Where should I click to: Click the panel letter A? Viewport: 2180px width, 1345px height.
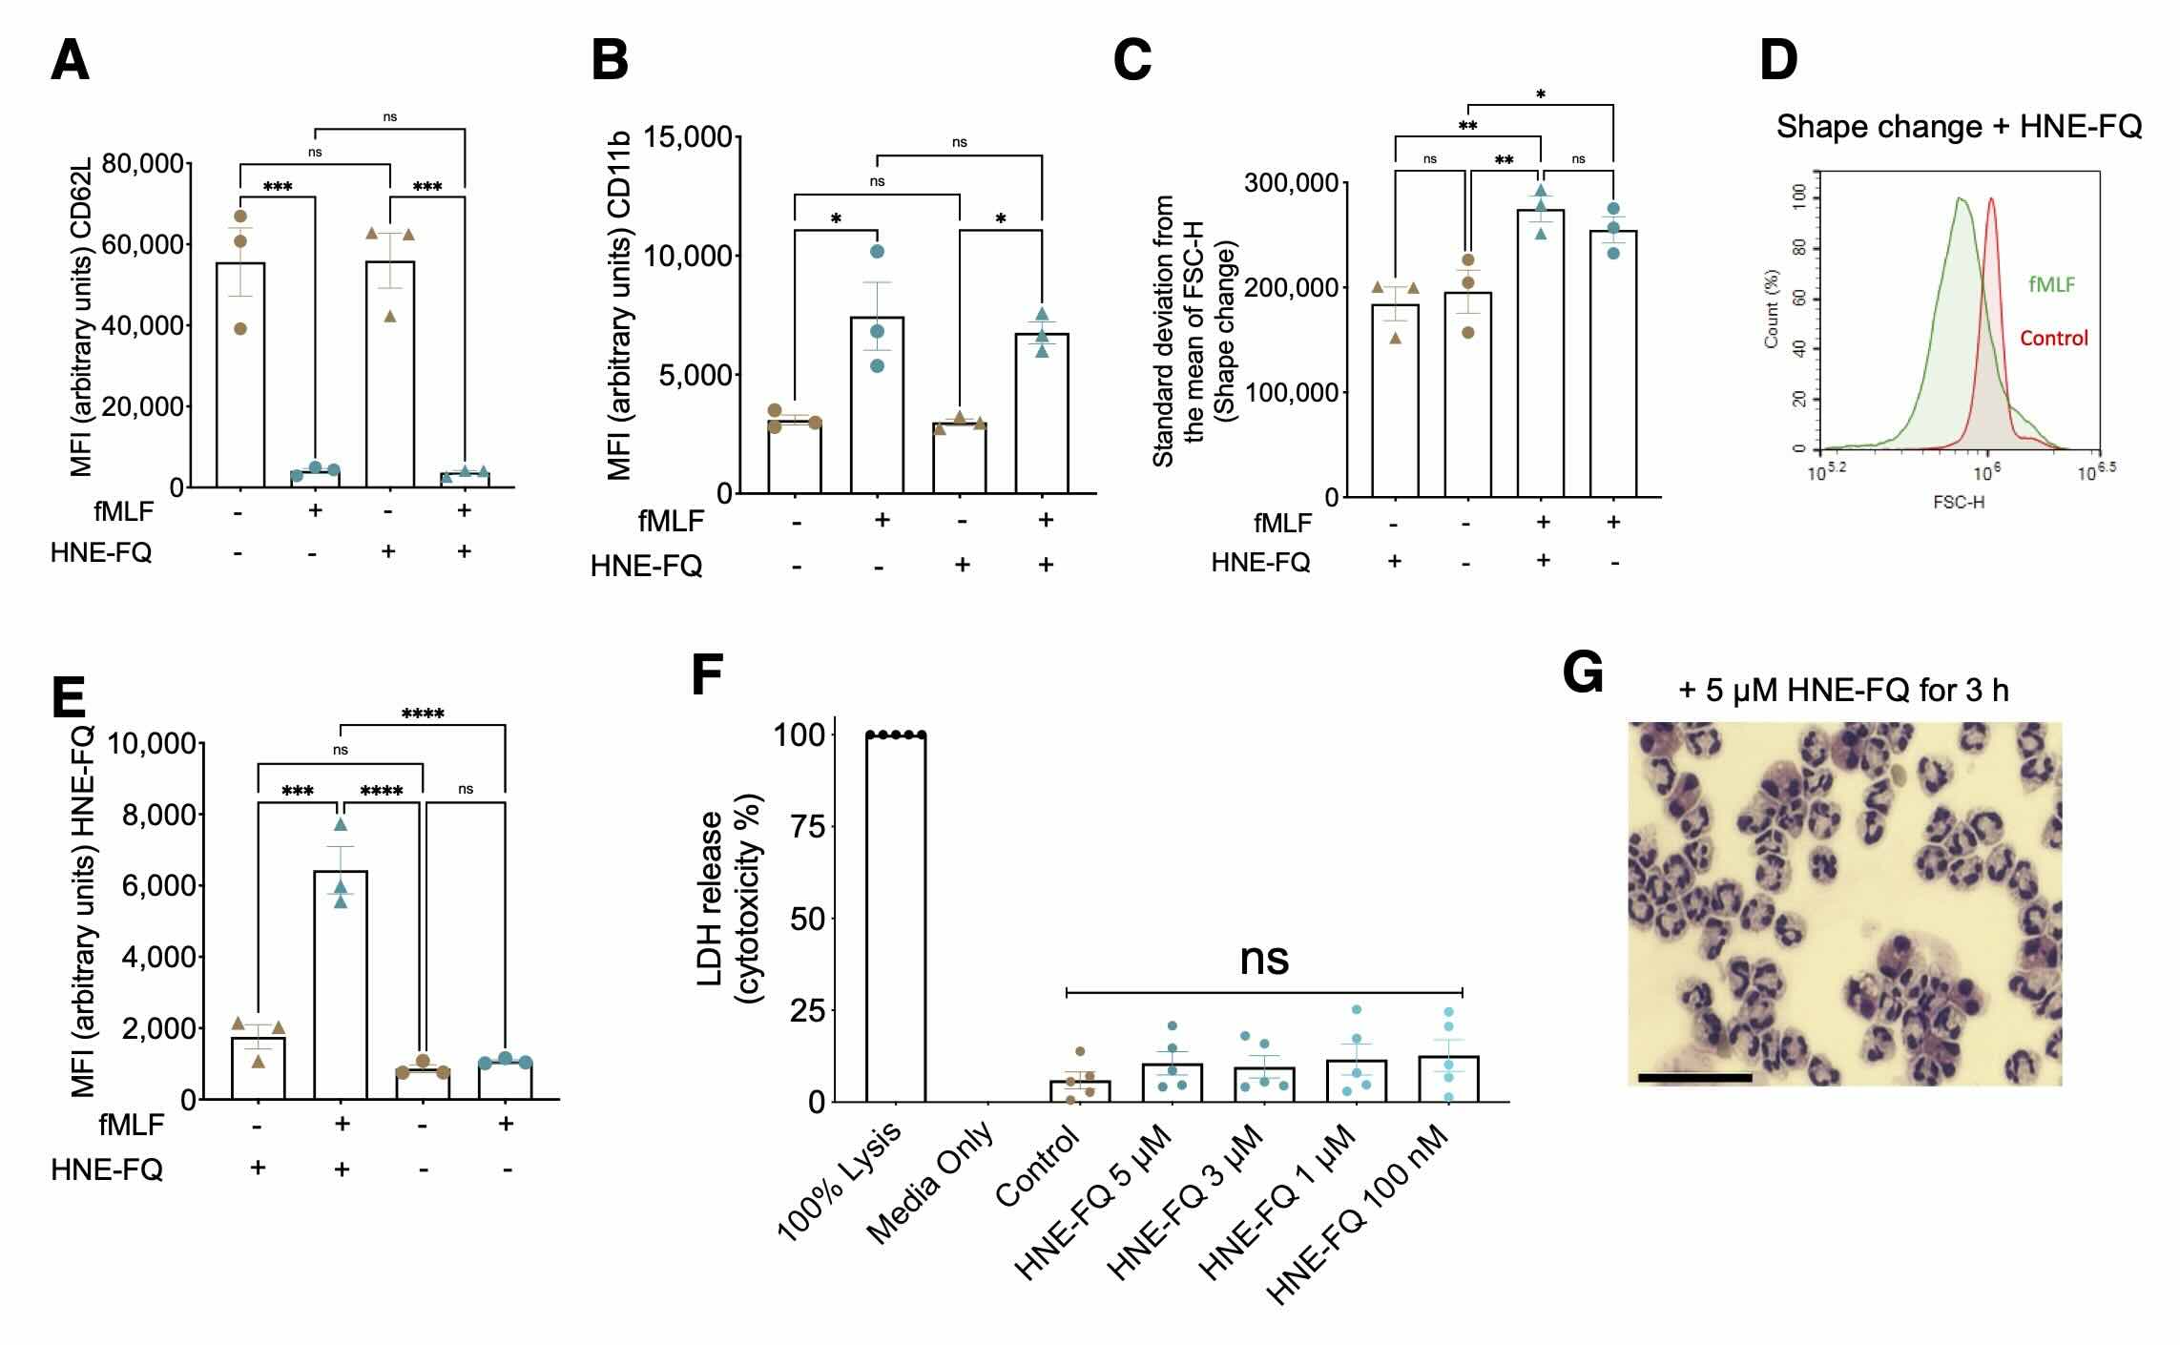pos(70,61)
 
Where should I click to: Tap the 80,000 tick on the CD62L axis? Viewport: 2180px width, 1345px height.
pos(143,164)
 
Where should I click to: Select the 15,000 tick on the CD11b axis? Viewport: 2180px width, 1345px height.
pos(688,137)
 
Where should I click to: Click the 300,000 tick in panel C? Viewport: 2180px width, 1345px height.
pos(1291,182)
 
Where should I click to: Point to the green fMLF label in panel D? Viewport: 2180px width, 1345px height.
pos(2051,284)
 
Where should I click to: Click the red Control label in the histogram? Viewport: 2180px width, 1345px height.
pos(2053,338)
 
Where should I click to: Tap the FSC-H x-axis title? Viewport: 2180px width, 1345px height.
pos(1958,502)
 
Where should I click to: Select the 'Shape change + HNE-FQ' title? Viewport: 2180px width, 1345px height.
pos(1959,127)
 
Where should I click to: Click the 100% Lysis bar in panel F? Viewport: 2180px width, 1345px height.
pos(895,916)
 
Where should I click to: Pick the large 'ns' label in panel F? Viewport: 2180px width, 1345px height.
pos(1264,959)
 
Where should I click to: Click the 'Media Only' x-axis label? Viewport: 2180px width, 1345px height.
pos(930,1183)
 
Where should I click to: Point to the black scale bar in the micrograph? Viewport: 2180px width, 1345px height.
pos(1694,1078)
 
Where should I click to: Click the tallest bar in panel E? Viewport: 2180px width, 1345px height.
pos(341,983)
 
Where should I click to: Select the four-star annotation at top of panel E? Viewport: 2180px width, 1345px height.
pos(423,714)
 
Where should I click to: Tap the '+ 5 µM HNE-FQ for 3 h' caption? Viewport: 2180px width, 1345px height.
pos(1843,690)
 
